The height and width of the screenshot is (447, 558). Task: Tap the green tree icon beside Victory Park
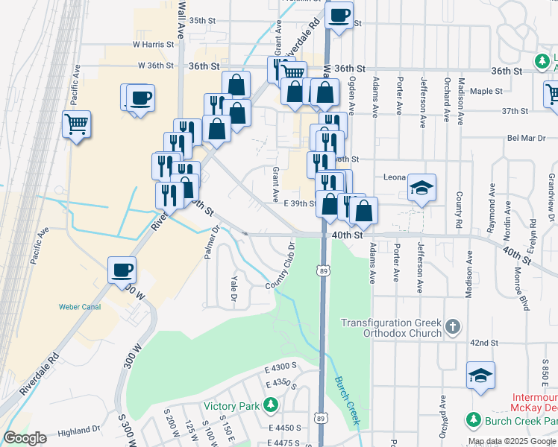point(271,406)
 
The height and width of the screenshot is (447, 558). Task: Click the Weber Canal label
point(79,307)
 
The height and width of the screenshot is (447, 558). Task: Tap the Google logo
point(25,438)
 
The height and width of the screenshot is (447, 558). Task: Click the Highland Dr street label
point(78,431)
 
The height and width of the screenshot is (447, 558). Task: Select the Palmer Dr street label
point(210,244)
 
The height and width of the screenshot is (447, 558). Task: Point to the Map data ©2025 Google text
point(512,441)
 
